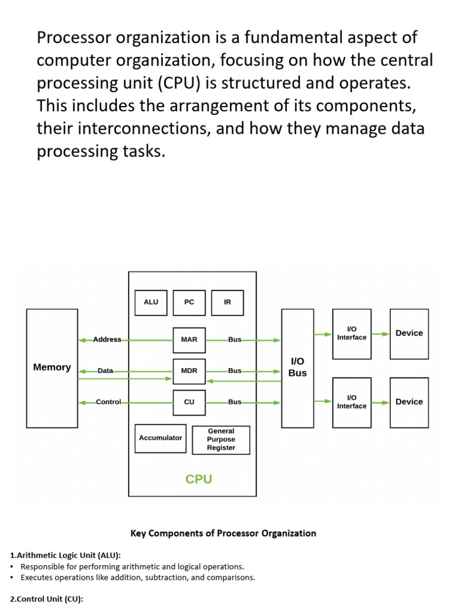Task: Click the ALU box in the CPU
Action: pos(151,302)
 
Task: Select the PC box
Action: pos(189,302)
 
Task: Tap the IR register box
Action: pos(227,302)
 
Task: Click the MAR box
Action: pos(189,340)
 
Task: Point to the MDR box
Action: pos(189,371)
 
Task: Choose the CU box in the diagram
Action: pos(189,402)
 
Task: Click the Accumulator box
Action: pos(161,438)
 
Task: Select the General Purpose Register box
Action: pos(221,440)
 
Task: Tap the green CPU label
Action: pos(198,479)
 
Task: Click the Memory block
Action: pos(52,368)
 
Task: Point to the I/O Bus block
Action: pos(297,368)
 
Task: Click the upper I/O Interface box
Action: pos(352,334)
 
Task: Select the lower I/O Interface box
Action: pos(352,402)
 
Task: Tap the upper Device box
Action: pos(409,333)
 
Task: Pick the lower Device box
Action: pos(409,402)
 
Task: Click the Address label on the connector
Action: pos(107,340)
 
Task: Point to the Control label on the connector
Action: pos(108,402)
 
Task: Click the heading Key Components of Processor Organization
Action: pos(223,533)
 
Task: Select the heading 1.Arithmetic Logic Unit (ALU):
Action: pos(66,555)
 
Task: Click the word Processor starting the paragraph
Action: pos(75,38)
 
